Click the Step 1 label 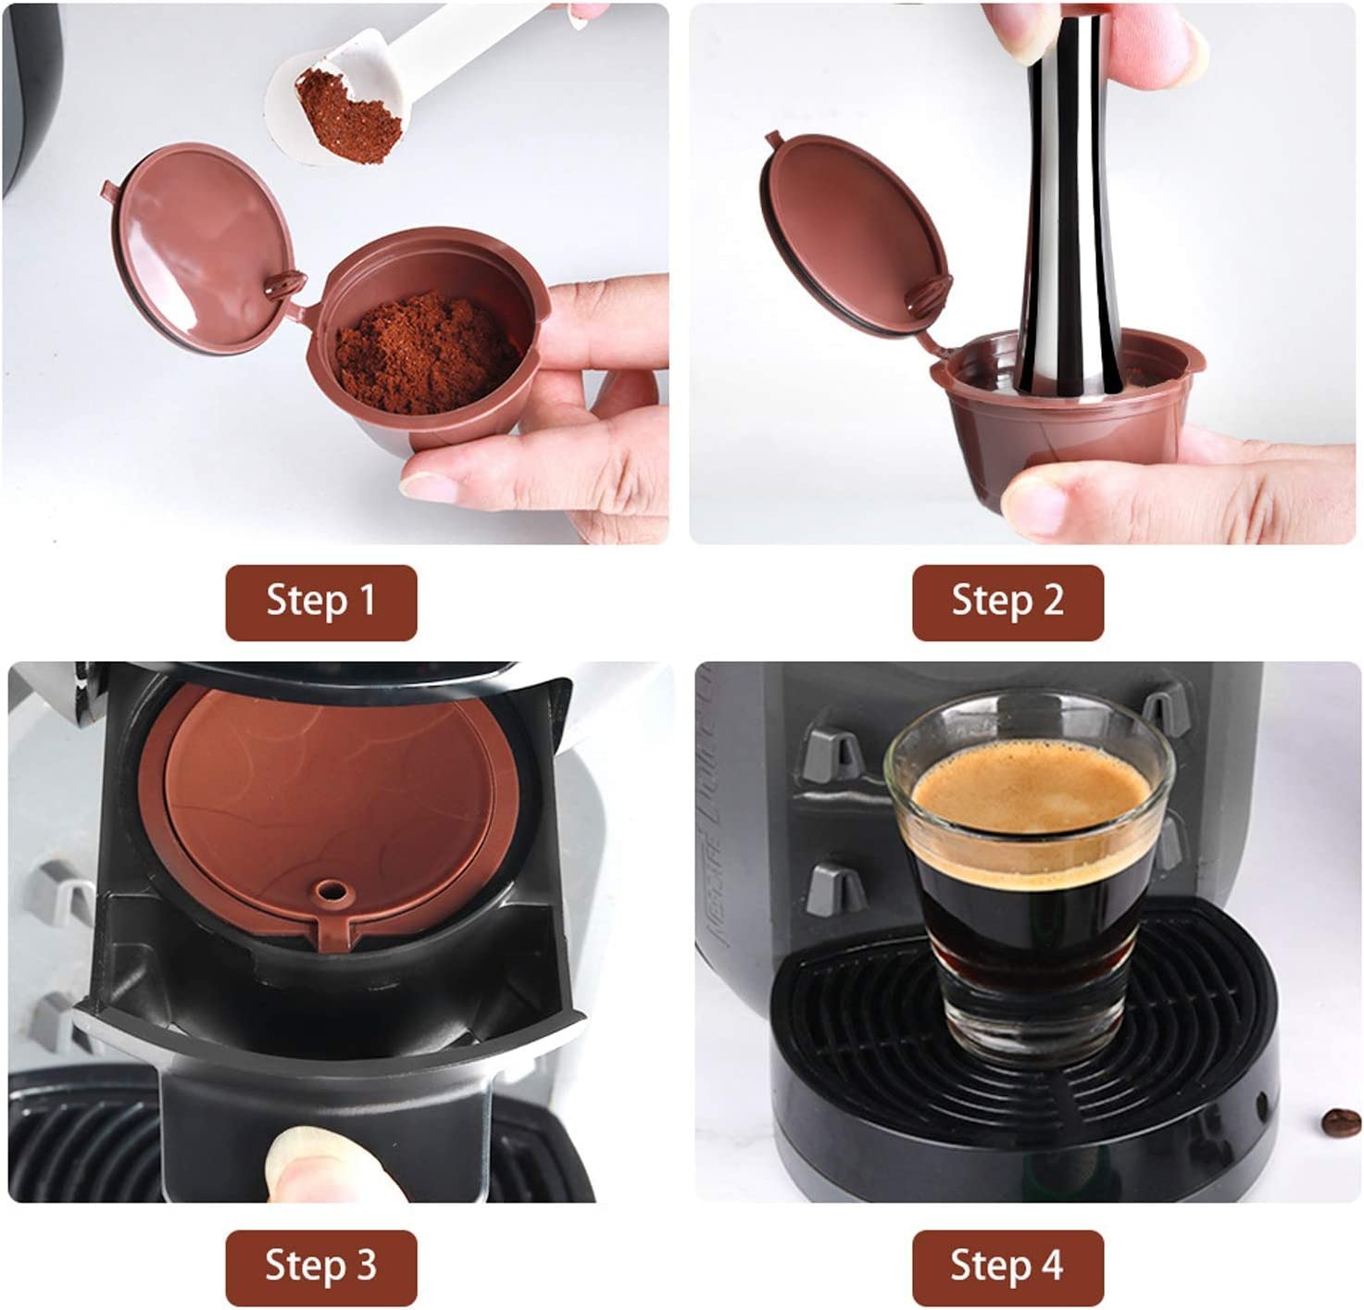point(321,602)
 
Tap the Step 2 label point(1007,602)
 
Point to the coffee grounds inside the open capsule point(426,354)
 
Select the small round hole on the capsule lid point(332,892)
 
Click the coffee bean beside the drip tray point(1340,1123)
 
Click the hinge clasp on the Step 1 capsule point(285,284)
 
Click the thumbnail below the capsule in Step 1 point(429,486)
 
